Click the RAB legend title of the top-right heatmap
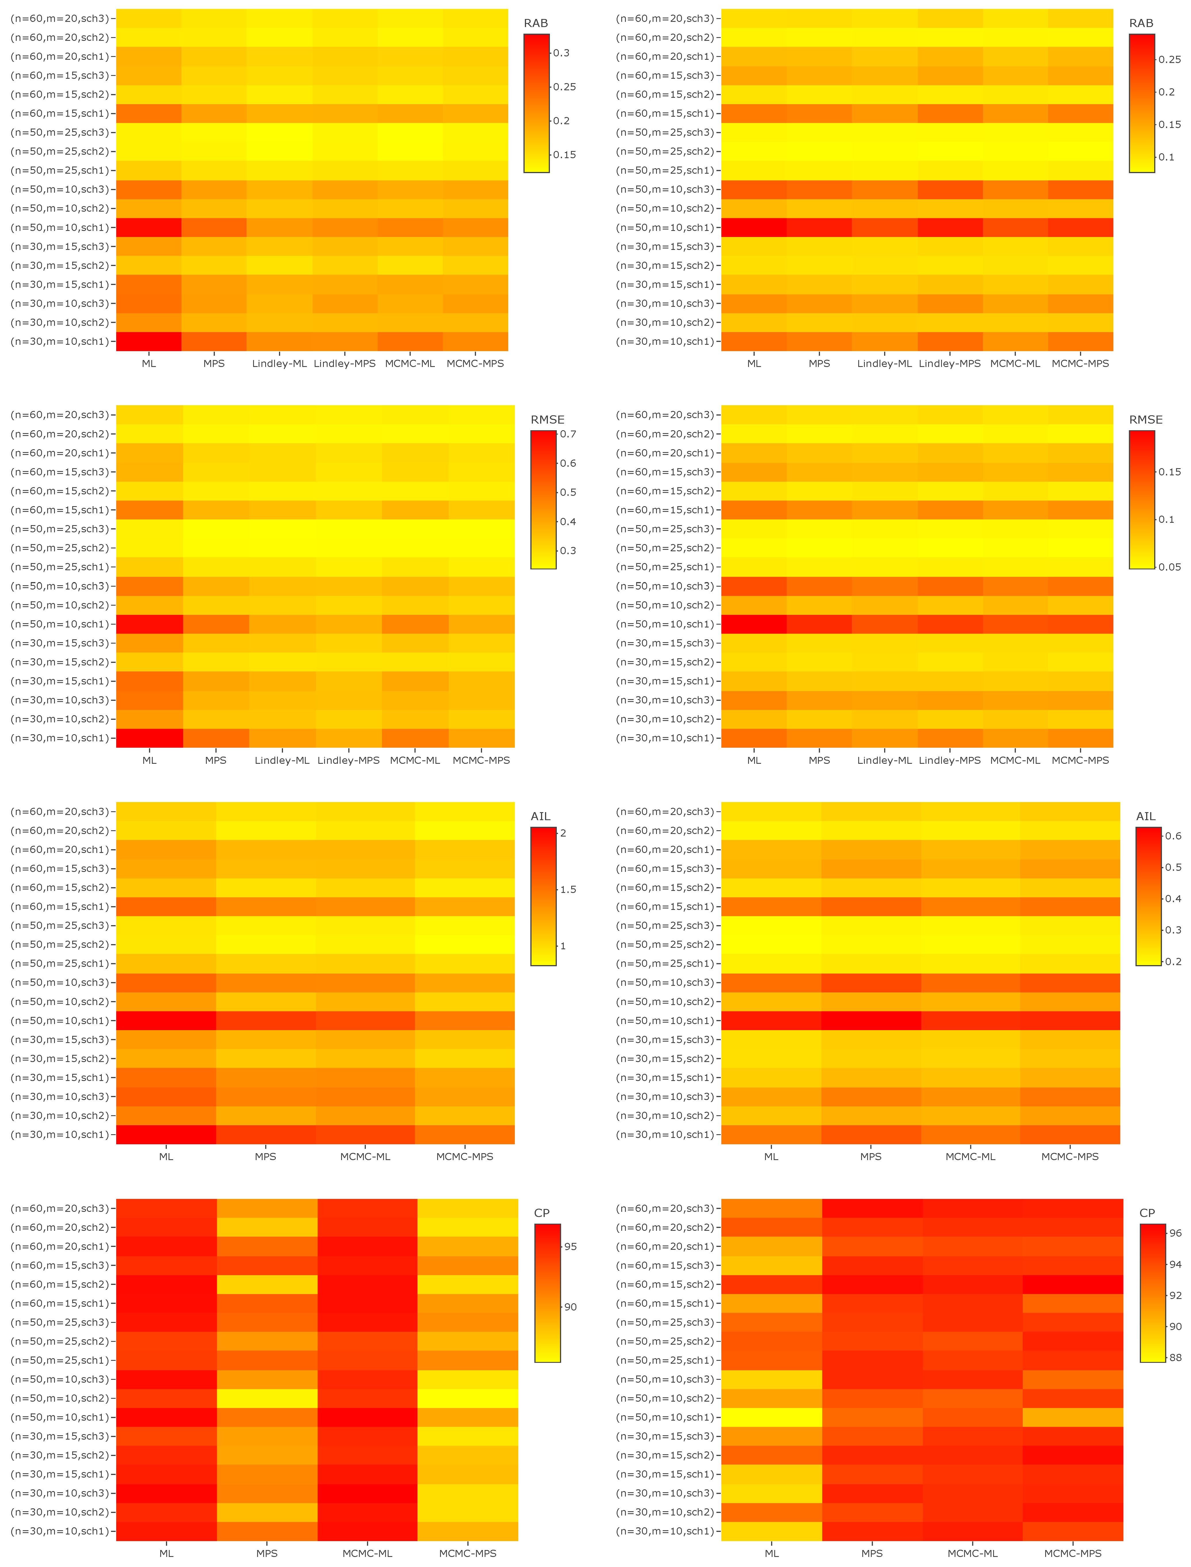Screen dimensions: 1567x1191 (x=1141, y=23)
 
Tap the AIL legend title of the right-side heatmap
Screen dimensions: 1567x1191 (x=1146, y=816)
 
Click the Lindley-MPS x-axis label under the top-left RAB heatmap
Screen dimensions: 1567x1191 (x=345, y=363)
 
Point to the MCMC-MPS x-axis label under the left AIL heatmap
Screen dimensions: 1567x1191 (x=464, y=1157)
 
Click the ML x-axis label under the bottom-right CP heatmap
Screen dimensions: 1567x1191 (x=772, y=1553)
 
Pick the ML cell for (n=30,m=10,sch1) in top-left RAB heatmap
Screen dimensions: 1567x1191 (x=149, y=342)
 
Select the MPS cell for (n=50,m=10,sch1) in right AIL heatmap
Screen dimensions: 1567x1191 (x=871, y=1021)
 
